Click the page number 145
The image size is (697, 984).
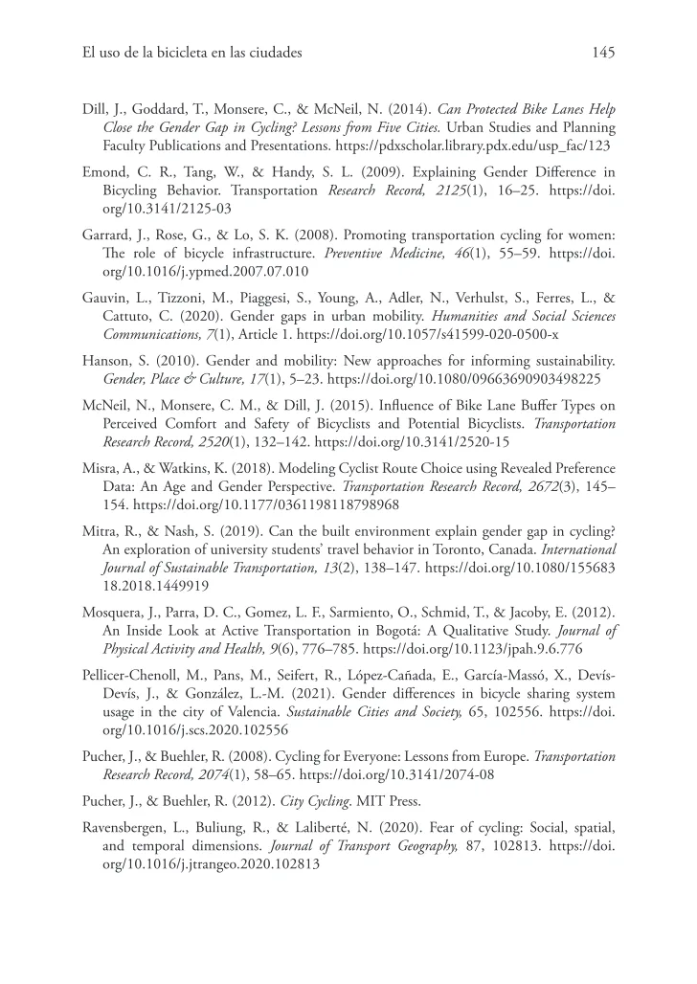click(603, 53)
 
